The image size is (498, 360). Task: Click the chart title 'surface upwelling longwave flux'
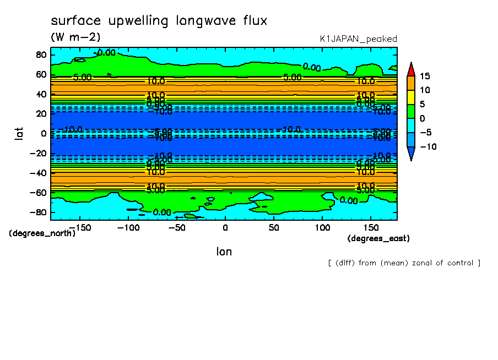(159, 21)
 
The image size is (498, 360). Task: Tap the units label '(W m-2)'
(75, 37)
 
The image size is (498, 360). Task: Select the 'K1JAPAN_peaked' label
(358, 39)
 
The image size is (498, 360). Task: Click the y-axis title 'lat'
(19, 133)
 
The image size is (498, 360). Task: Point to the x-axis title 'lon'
(224, 252)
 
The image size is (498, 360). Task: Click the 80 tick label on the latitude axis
(40, 54)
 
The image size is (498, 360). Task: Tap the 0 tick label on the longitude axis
(225, 227)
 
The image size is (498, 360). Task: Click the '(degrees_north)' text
(42, 233)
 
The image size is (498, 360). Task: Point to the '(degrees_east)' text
(378, 238)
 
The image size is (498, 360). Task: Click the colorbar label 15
(425, 76)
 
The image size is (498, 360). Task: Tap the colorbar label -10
(427, 146)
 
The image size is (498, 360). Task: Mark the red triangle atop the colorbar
(410, 69)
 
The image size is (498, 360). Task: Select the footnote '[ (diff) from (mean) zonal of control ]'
(404, 263)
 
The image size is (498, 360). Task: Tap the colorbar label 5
(422, 104)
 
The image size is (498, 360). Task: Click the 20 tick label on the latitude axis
(40, 113)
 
